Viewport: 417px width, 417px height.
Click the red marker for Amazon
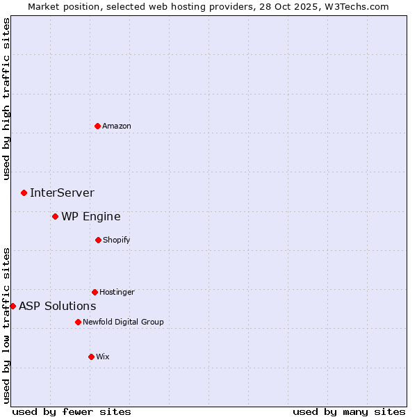coord(98,126)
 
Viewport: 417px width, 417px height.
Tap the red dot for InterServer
coord(24,193)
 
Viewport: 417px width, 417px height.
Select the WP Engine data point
coord(55,216)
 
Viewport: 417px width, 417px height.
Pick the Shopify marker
coord(98,240)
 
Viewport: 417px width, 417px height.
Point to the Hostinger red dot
coord(95,292)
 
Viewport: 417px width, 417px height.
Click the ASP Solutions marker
coord(13,306)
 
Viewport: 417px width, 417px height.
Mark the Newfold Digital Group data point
coord(78,322)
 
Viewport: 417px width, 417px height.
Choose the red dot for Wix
coord(91,357)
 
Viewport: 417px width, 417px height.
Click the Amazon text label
coord(117,126)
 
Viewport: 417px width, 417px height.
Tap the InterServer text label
coord(62,193)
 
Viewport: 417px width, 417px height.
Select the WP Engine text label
coord(90,216)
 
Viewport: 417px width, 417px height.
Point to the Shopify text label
coord(117,240)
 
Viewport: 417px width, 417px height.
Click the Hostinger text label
coord(117,292)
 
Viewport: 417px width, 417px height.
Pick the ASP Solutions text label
coord(57,306)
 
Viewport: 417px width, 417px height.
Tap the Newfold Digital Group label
coord(123,322)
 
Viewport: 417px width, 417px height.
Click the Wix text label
coord(103,357)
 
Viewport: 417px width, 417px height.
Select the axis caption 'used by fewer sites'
coord(72,411)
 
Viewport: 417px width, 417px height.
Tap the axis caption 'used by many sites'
coord(349,411)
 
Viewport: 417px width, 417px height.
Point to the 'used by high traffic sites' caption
coord(6,99)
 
